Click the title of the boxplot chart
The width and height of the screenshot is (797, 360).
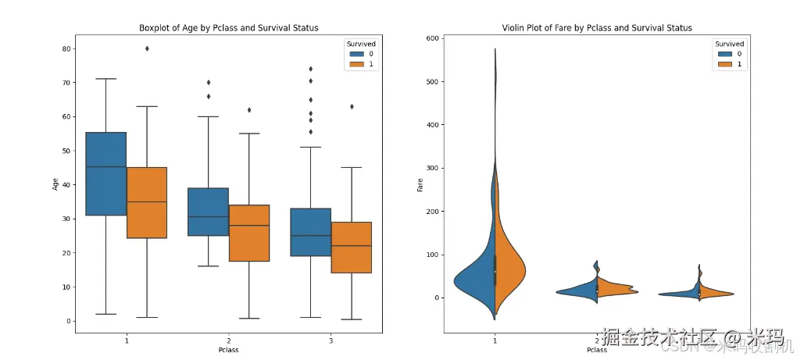coord(228,28)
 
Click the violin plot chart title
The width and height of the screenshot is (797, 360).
coord(597,28)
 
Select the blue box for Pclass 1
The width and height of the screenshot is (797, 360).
coord(105,173)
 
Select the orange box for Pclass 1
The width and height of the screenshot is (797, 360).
coord(147,202)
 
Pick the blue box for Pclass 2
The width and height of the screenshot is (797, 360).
coord(208,212)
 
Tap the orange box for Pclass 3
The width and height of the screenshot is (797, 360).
coord(351,247)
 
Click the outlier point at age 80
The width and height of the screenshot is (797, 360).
coord(147,48)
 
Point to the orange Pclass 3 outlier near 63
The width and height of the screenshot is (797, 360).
coord(352,106)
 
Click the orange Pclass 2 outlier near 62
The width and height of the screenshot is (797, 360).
coord(249,110)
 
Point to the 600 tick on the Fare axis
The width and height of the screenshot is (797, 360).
coord(432,38)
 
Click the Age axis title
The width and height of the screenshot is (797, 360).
coord(55,184)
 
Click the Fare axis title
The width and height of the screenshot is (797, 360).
coord(420,184)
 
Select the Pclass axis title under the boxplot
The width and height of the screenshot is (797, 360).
coord(228,350)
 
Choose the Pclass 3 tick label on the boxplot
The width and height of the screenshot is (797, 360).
coord(331,341)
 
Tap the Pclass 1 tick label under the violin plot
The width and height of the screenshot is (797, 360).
coord(495,341)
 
